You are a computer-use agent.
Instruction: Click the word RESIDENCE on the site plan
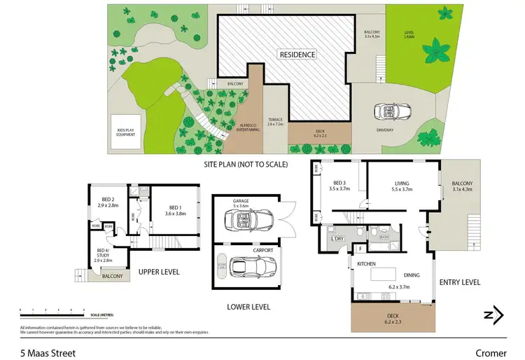pos(297,54)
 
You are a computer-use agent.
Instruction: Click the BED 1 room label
pos(175,209)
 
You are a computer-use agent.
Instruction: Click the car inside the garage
pos(245,221)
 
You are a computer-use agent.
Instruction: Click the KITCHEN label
pos(368,264)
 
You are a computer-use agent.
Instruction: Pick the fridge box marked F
pos(360,247)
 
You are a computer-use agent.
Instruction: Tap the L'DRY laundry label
pos(337,238)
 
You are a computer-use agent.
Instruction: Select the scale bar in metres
pos(52,310)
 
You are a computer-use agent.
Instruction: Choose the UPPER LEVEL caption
pos(160,272)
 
